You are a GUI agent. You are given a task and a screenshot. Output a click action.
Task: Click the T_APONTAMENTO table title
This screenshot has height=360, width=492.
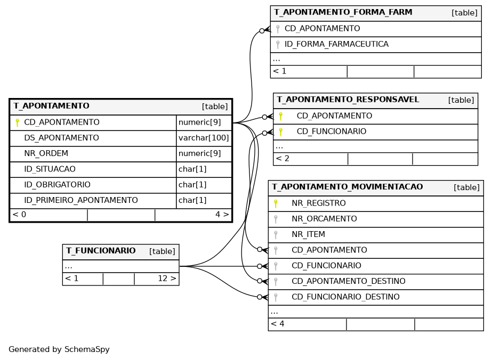coord(52,106)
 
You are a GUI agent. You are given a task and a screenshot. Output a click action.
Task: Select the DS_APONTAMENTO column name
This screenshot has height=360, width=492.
coord(61,138)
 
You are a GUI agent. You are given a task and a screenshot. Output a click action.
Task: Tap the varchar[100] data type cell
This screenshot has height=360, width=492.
coord(204,138)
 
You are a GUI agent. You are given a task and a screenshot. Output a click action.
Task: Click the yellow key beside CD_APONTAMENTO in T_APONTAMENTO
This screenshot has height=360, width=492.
coord(17,122)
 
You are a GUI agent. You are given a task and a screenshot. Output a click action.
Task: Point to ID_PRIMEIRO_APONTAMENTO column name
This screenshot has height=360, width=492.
coord(81,200)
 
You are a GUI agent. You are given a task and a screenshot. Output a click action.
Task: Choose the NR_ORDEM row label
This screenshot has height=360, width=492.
coord(46,154)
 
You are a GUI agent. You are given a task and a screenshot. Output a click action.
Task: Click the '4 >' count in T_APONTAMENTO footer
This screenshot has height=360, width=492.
coord(222,215)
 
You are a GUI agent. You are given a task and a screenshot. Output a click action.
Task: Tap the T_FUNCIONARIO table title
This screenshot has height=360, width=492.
coord(101,251)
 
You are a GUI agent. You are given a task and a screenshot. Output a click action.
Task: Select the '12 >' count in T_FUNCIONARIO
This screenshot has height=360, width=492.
coord(167,279)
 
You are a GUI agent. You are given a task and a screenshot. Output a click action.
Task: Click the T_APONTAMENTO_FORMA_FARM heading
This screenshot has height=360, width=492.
coord(343,12)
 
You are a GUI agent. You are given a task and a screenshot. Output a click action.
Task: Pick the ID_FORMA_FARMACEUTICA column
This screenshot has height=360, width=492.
coord(336,44)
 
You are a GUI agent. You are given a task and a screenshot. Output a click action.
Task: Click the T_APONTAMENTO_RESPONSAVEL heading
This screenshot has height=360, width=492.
coord(348,100)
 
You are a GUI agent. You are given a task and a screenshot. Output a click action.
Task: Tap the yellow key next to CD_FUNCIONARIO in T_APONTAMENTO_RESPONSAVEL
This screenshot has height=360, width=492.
coord(281,132)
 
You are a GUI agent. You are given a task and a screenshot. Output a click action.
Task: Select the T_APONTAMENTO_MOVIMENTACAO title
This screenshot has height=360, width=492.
coord(348,187)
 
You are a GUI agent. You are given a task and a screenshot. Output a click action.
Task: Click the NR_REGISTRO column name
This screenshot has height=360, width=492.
coord(319,203)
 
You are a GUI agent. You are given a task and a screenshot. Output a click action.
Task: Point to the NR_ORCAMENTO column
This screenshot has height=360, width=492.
coord(324,219)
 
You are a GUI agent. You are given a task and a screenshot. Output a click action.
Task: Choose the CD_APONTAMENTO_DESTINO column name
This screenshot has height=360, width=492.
coord(349,281)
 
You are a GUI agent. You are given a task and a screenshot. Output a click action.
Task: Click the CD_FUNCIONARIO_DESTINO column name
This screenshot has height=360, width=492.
coord(345,297)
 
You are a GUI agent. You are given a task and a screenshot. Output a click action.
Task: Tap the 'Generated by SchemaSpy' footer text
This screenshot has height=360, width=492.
coord(59,349)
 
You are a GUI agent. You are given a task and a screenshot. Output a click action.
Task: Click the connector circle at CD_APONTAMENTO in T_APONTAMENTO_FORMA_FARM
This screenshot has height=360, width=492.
coord(262,31)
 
